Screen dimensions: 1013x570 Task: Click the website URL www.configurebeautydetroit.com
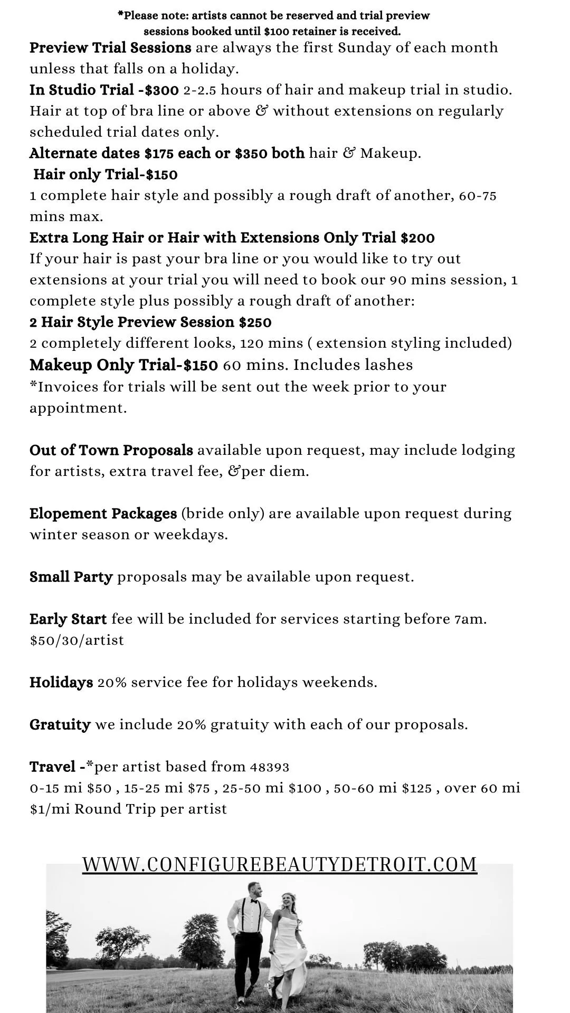point(280,864)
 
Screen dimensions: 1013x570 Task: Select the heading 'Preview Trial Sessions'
point(110,48)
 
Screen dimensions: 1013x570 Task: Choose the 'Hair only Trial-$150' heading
point(106,175)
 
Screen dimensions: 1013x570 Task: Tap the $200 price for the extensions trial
point(417,238)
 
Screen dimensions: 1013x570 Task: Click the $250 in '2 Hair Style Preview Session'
point(255,322)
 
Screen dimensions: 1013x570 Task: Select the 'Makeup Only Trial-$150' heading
point(123,365)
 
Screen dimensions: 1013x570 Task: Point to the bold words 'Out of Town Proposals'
point(111,451)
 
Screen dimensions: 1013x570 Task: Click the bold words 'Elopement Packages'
point(103,514)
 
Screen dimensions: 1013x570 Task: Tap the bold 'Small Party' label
point(71,577)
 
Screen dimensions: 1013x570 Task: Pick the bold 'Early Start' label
point(68,619)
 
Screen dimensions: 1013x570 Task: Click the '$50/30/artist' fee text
point(77,641)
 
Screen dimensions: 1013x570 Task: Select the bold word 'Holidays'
point(61,683)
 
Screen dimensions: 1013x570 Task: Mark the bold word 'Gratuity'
point(60,725)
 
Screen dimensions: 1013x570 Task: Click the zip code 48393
point(270,767)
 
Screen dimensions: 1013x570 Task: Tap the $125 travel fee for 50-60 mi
point(417,788)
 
